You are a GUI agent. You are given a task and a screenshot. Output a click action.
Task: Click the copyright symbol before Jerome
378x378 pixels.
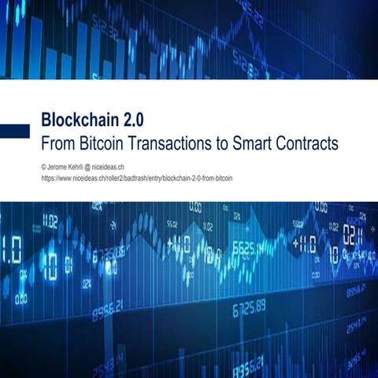44,167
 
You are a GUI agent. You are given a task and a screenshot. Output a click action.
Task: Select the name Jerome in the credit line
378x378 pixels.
59,167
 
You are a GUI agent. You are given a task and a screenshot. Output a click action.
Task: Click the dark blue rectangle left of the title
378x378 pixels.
14,131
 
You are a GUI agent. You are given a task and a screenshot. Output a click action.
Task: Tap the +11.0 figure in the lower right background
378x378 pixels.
306,244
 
